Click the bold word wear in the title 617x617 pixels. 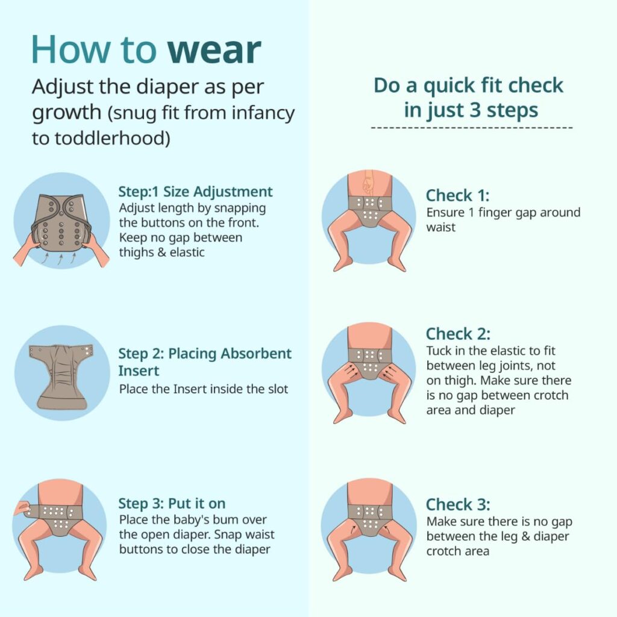click(x=214, y=51)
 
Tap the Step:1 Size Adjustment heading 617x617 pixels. click(x=195, y=192)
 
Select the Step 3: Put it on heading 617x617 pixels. click(x=172, y=503)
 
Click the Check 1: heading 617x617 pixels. click(x=458, y=196)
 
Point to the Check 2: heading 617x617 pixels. click(x=458, y=334)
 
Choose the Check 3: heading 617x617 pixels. click(x=458, y=504)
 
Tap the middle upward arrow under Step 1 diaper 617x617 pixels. click(x=61, y=259)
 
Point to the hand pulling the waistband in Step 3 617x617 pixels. click(x=22, y=509)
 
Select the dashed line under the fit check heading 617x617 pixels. click(x=471, y=128)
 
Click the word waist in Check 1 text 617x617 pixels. click(x=440, y=227)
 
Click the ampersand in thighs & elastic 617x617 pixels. click(x=161, y=252)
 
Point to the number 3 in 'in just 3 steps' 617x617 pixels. click(x=475, y=110)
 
